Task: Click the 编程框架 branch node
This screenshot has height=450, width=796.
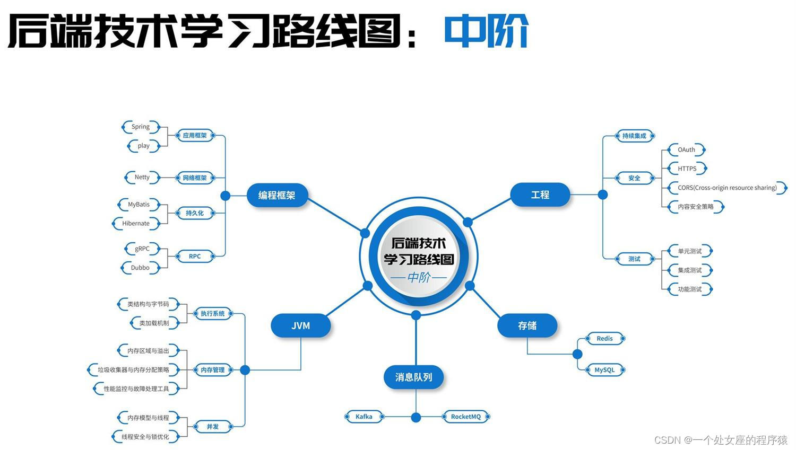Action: click(276, 195)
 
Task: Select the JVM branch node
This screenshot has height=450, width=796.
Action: click(300, 325)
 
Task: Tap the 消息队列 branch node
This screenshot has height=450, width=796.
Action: click(413, 377)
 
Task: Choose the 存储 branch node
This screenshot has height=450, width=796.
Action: click(527, 325)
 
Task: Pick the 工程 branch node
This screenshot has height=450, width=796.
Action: click(540, 195)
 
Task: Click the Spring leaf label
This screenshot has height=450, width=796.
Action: click(141, 127)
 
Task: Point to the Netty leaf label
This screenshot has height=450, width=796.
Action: click(142, 177)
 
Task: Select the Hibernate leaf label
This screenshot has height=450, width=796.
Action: click(136, 223)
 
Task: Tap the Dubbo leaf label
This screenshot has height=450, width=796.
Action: click(140, 268)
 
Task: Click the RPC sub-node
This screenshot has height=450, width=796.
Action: click(195, 257)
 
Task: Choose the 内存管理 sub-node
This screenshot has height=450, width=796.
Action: click(213, 370)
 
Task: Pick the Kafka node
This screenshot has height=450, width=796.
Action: click(364, 417)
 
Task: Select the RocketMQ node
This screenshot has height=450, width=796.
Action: click(465, 417)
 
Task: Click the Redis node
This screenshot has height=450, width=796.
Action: click(604, 338)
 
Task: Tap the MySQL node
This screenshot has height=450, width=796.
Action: click(604, 370)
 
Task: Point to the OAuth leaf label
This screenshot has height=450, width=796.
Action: click(686, 149)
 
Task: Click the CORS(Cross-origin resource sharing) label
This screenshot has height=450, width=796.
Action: click(727, 188)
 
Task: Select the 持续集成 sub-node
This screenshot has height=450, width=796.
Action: click(634, 136)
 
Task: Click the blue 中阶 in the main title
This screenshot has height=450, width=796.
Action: click(486, 31)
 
